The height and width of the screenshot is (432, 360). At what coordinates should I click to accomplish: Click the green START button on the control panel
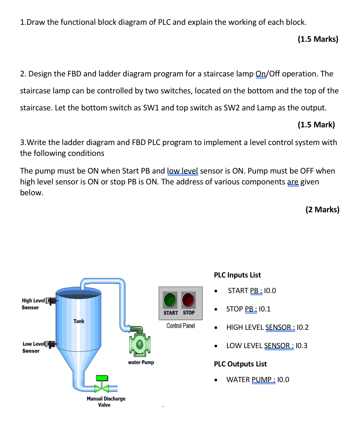click(x=170, y=300)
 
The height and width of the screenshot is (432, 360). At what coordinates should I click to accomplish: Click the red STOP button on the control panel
click(x=188, y=300)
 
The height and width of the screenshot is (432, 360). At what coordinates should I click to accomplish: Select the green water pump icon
click(x=139, y=344)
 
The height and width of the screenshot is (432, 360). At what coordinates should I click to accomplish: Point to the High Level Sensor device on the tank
click(x=51, y=301)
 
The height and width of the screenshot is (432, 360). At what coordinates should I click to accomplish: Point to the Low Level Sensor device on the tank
click(x=51, y=344)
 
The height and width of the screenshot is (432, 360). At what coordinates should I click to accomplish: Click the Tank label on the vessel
click(x=79, y=321)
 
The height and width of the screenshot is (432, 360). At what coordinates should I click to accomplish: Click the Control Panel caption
click(x=181, y=326)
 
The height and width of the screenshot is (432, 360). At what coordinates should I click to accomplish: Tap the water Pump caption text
click(x=141, y=362)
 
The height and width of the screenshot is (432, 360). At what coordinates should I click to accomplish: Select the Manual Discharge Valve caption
click(x=106, y=401)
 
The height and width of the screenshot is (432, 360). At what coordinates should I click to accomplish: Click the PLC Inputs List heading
click(x=237, y=275)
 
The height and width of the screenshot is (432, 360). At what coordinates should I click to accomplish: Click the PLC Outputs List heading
click(x=240, y=364)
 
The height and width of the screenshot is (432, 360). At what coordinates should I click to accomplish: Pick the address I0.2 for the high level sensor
click(x=303, y=327)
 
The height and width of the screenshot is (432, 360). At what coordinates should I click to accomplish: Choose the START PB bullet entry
click(x=252, y=291)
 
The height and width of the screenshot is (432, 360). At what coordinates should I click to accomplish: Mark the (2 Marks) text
click(x=322, y=210)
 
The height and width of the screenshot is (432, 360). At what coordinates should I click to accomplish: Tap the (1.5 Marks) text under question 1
click(x=318, y=39)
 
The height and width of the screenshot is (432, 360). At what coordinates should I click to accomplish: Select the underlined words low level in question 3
click(x=182, y=171)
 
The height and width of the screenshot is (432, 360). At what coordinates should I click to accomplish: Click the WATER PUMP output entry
click(x=258, y=380)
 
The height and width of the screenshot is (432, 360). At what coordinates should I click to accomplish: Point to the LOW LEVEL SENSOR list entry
click(x=267, y=346)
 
